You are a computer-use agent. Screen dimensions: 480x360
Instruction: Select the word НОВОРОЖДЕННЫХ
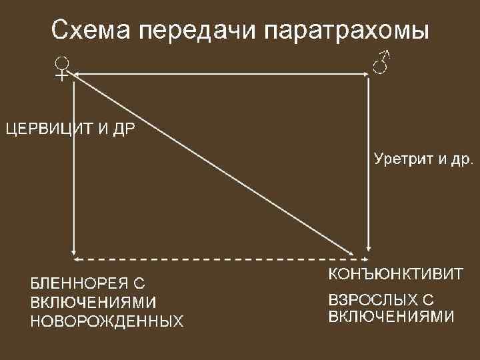pos(106,321)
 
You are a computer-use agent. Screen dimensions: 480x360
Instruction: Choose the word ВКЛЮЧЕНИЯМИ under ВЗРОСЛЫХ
pos(391,315)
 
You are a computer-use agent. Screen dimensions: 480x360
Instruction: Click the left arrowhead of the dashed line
pos(75,258)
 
